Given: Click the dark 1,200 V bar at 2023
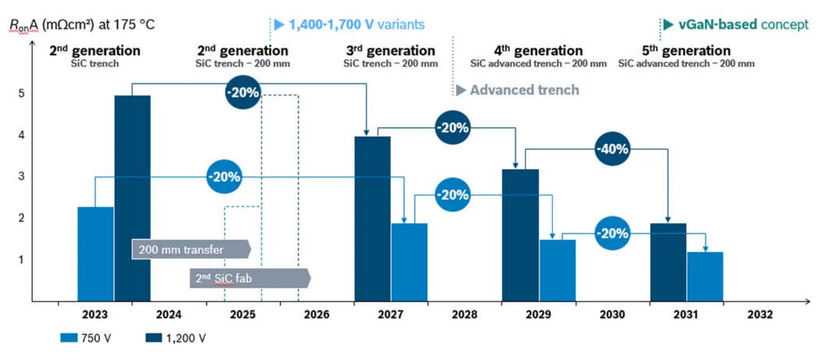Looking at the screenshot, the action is tap(132, 198).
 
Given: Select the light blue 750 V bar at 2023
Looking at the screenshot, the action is tap(95, 254).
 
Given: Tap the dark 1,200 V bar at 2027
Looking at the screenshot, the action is tap(372, 219).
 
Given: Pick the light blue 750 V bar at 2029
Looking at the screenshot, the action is tap(558, 271).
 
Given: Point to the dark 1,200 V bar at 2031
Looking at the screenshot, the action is tap(668, 262).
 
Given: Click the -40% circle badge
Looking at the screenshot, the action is tap(612, 148).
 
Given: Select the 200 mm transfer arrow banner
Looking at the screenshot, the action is tap(191, 249).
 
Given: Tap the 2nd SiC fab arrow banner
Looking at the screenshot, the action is tap(251, 278).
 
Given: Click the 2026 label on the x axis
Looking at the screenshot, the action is tap(316, 315).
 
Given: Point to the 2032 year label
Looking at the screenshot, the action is tap(761, 315).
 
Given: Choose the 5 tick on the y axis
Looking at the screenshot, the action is tap(21, 94).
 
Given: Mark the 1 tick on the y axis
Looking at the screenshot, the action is tap(21, 260).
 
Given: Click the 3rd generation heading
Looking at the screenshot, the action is tap(390, 51).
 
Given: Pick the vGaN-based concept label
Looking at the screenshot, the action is tap(736, 25).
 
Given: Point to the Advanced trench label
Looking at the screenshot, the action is tap(518, 90).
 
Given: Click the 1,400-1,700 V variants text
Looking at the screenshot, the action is tap(349, 24).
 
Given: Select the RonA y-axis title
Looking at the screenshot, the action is tap(82, 25).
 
